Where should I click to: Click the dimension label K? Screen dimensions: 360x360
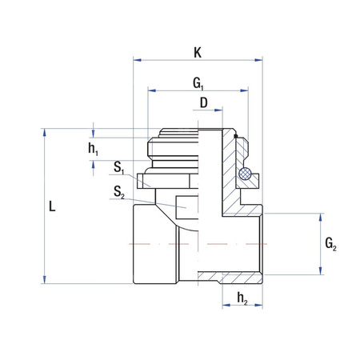click(x=198, y=52)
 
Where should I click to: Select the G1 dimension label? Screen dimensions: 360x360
click(x=198, y=82)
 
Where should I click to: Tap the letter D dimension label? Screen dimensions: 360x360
click(x=204, y=102)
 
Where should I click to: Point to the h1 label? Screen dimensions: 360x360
click(x=94, y=149)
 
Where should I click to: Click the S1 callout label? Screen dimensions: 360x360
click(x=118, y=168)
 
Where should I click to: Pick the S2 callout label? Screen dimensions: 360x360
click(x=118, y=192)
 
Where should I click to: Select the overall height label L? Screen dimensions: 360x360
click(x=51, y=206)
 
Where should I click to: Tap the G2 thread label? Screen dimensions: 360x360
click(x=331, y=243)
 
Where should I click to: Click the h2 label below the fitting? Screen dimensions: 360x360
click(x=242, y=299)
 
